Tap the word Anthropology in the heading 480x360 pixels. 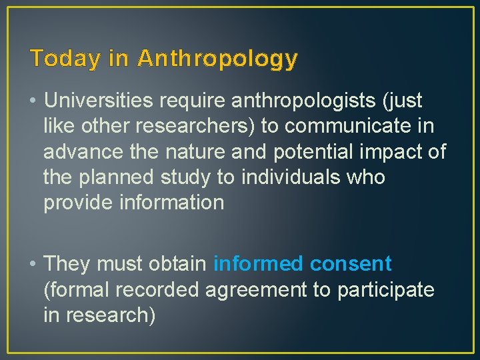click(217, 59)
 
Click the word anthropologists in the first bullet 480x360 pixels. click(293, 101)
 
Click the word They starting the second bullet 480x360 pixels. click(67, 264)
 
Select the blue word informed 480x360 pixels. click(258, 264)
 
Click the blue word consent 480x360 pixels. click(351, 264)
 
